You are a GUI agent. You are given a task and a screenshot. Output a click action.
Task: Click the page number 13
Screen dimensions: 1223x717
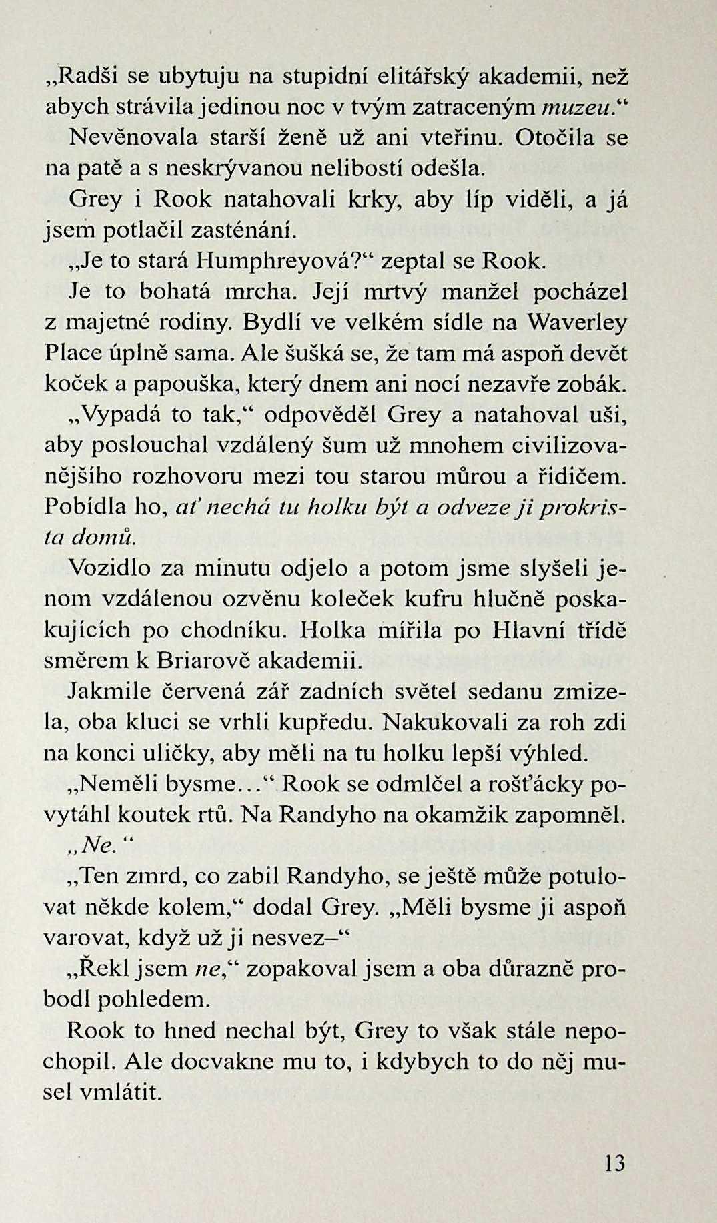[614, 1164]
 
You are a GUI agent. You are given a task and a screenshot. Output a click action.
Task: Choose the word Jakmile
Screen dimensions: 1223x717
[110, 691]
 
